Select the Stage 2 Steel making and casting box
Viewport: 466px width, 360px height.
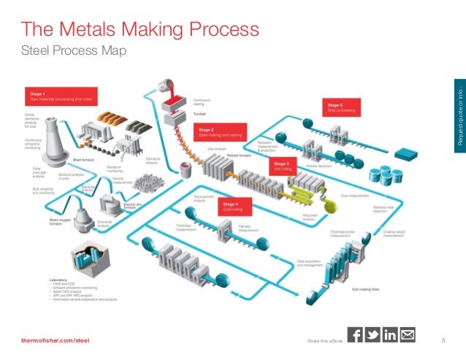[x=221, y=131]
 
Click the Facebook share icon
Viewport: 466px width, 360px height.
[x=356, y=335]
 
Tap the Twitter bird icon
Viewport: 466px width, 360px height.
[x=373, y=335]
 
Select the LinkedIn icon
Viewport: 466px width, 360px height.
[x=390, y=335]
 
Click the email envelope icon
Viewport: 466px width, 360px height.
[x=408, y=335]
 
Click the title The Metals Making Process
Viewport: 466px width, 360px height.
[x=139, y=30]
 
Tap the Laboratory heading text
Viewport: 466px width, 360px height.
[x=58, y=280]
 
